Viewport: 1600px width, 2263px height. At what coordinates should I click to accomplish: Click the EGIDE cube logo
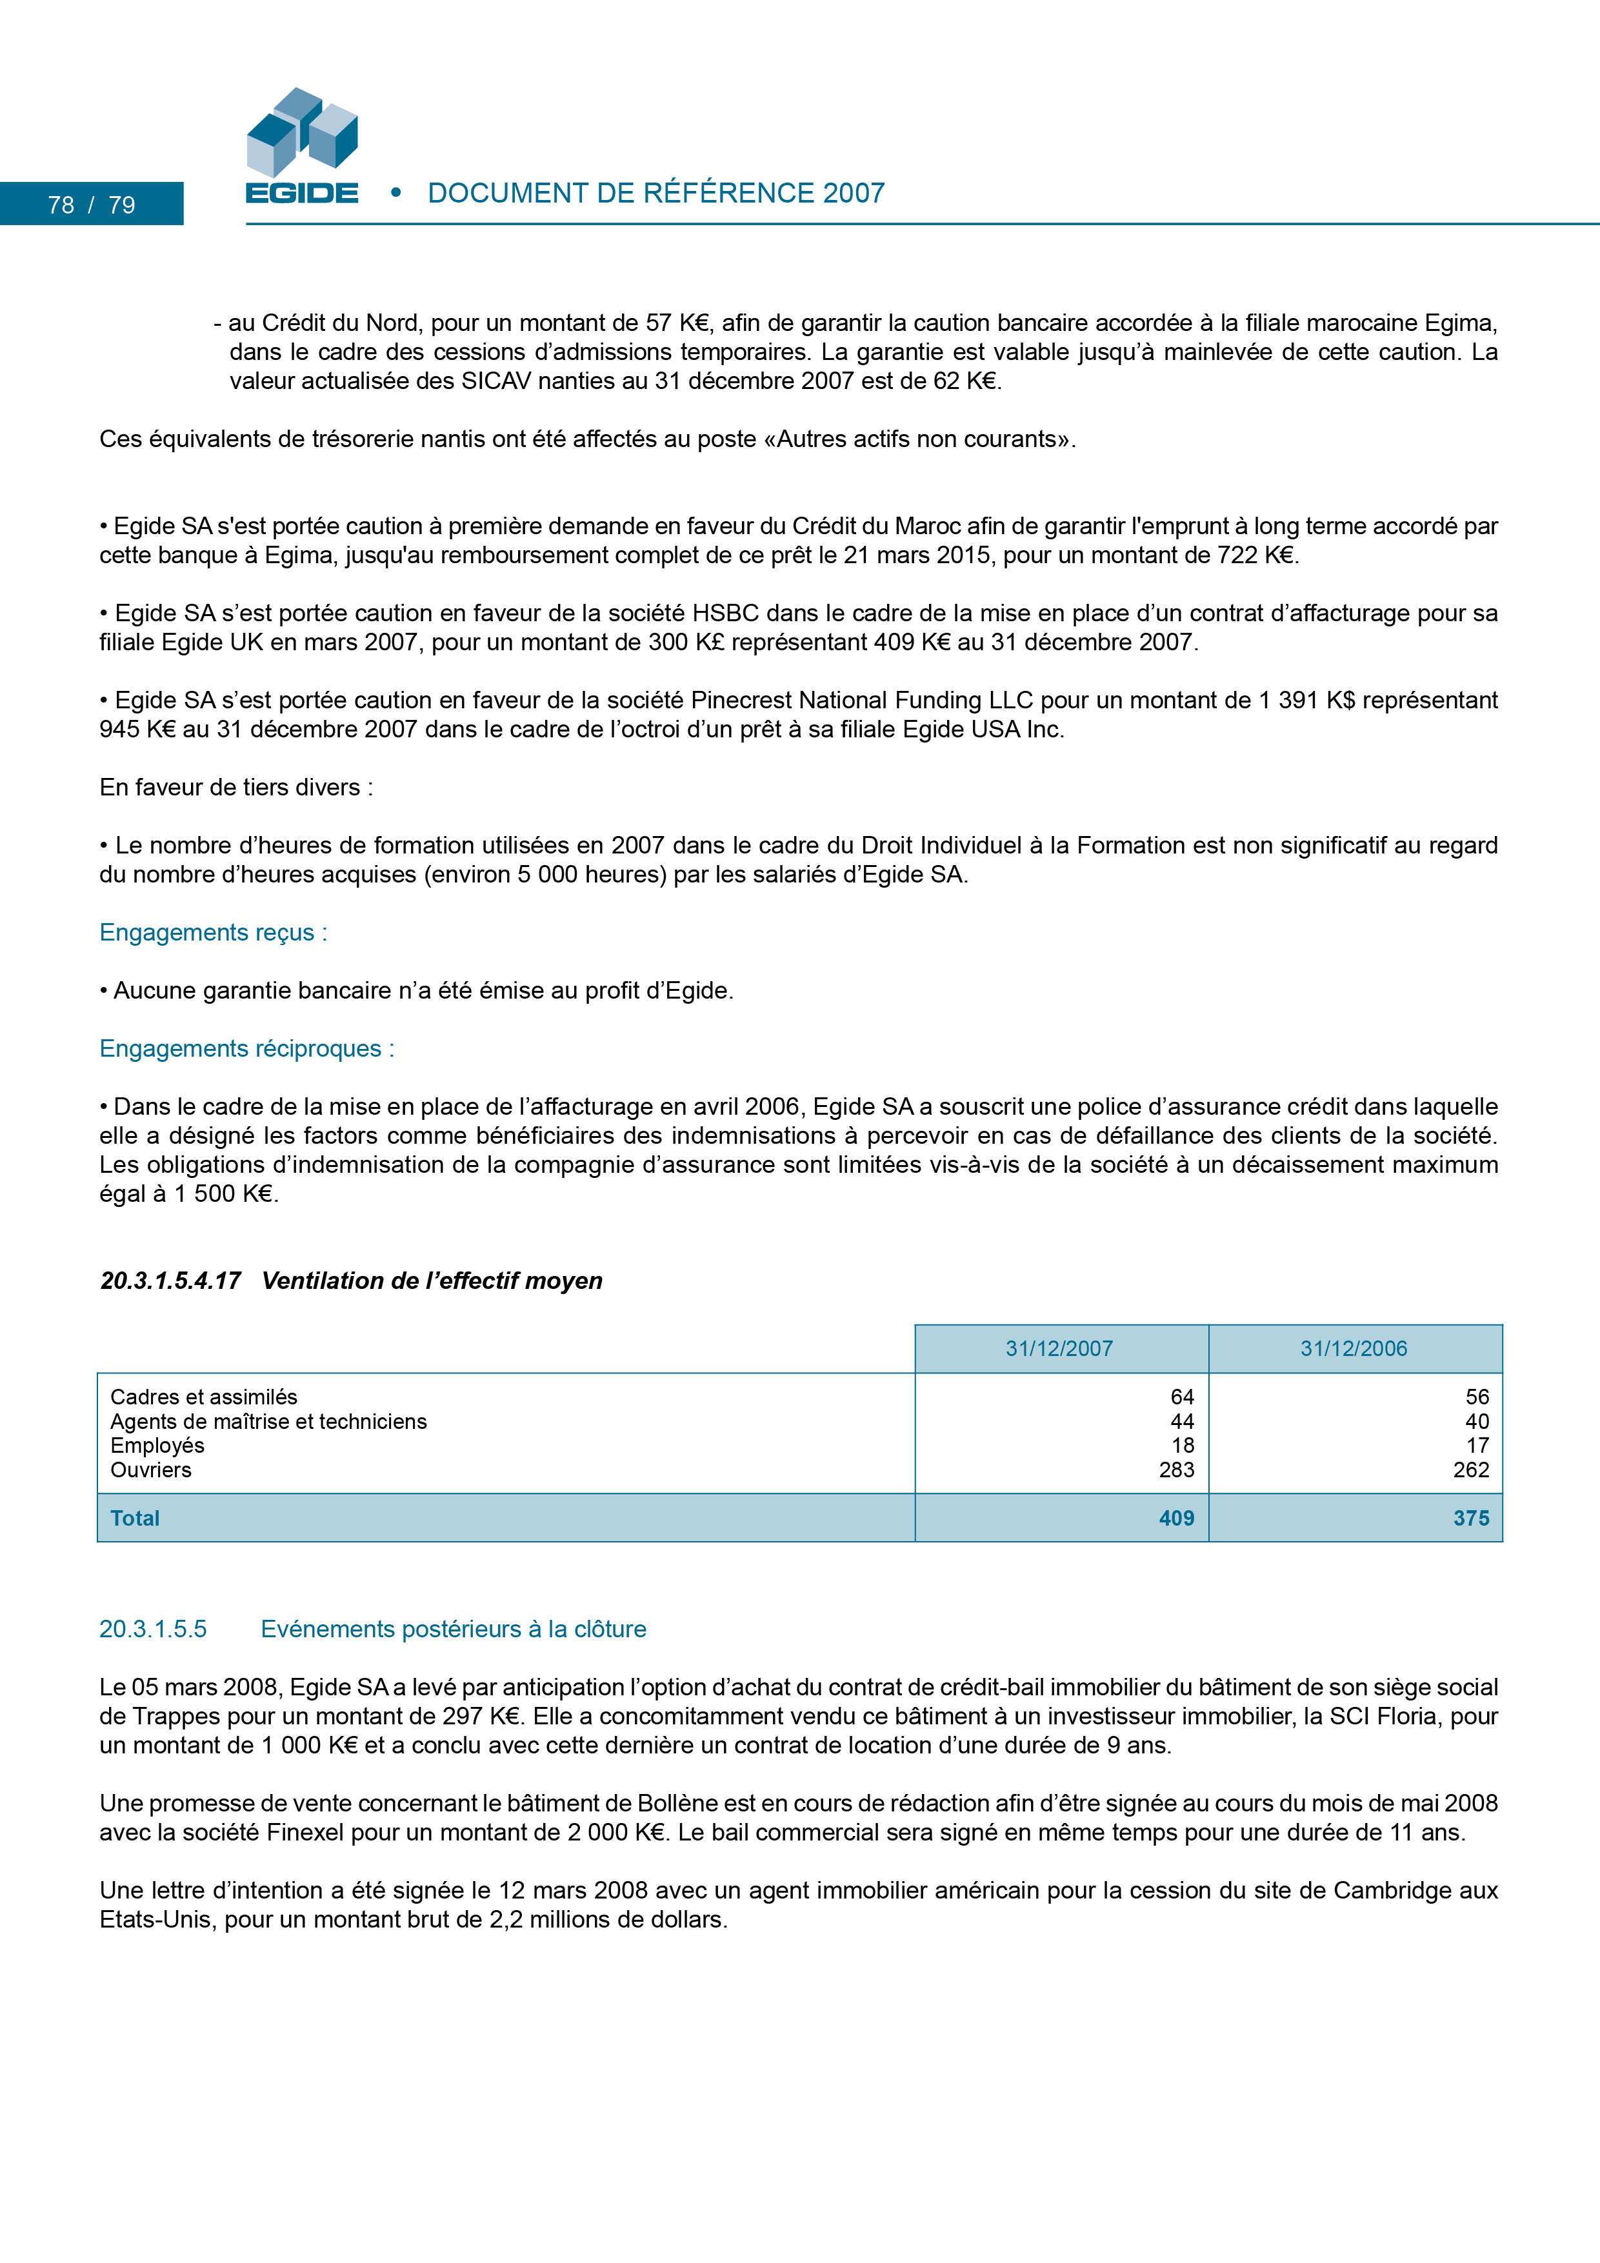(302, 145)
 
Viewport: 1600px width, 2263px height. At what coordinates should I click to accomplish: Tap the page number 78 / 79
(92, 205)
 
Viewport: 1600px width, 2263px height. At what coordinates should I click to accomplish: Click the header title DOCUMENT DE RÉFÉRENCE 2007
(655, 193)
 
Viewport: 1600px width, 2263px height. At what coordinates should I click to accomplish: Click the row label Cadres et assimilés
(204, 1397)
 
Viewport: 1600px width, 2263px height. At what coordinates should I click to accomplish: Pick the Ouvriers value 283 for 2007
(1176, 1470)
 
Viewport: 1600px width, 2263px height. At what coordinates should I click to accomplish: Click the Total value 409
(1176, 1518)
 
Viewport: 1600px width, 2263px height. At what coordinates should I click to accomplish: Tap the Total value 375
(1471, 1518)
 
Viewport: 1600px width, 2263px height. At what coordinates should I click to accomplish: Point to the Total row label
(135, 1518)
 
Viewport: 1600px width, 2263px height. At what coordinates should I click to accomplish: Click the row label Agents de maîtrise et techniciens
(268, 1421)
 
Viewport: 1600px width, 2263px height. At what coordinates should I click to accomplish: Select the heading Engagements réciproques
(246, 1049)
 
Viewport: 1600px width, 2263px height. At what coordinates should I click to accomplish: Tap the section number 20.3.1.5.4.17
(170, 1281)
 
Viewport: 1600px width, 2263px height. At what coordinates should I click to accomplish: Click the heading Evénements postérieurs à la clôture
(454, 1630)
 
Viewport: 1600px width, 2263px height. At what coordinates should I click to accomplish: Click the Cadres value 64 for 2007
(1182, 1397)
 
